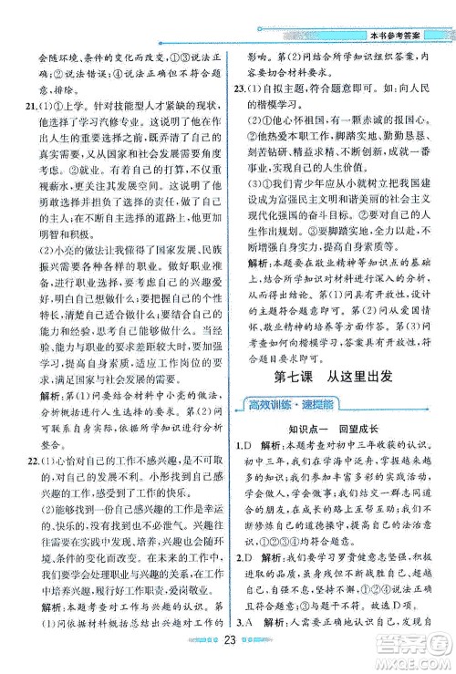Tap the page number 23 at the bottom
tap(229, 659)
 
